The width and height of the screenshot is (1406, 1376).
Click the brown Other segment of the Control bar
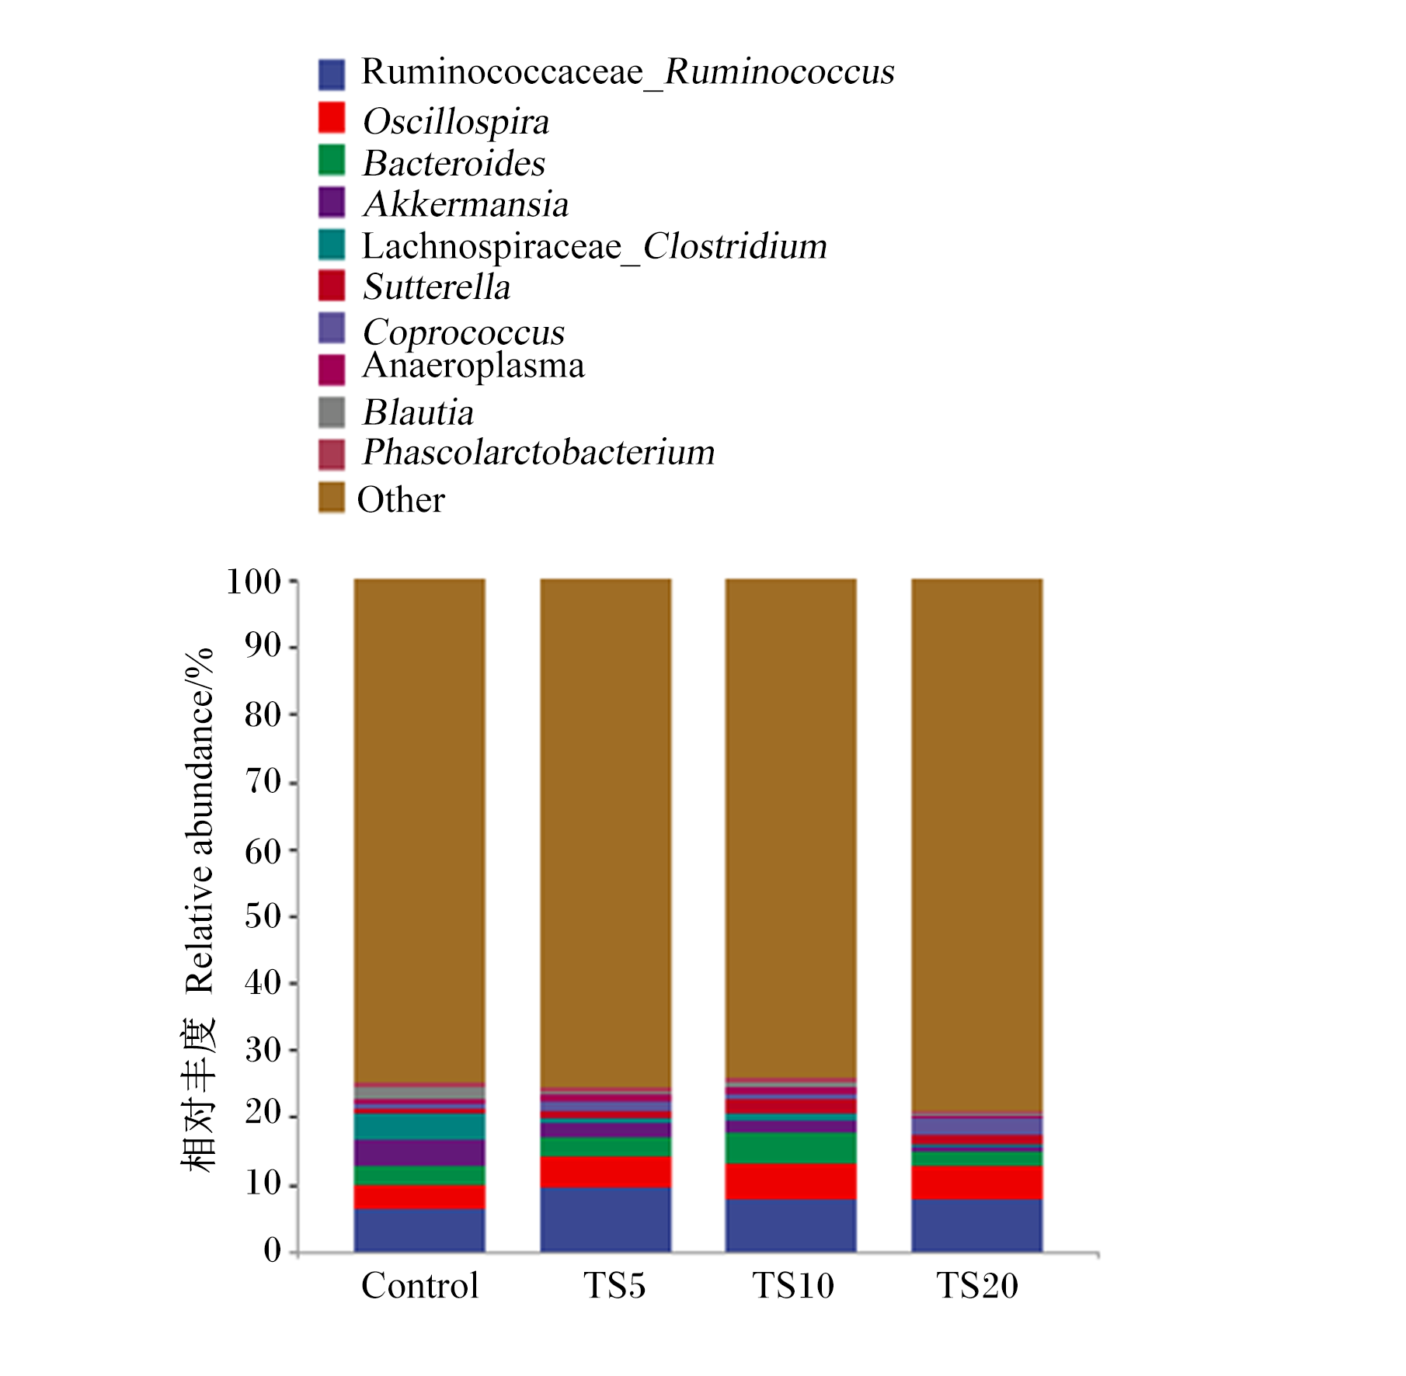click(x=419, y=831)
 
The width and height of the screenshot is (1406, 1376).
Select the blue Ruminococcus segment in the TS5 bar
click(x=606, y=1219)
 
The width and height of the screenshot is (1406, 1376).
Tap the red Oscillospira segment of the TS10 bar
click(x=792, y=1181)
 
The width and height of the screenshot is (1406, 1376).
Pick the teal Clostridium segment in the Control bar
click(x=419, y=1127)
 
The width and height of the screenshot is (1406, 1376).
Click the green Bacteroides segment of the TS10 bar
click(x=792, y=1148)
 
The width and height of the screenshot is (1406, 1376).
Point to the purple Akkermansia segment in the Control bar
click(x=419, y=1153)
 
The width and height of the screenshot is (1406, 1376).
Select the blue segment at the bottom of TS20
click(x=977, y=1225)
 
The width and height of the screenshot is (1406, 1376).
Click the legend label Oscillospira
click(x=456, y=122)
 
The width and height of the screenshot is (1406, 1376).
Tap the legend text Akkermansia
click(x=466, y=204)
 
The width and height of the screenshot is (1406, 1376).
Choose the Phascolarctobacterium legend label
click(x=539, y=452)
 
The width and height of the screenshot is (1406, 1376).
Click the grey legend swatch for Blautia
click(x=332, y=412)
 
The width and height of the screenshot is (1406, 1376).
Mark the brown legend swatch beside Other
click(x=332, y=498)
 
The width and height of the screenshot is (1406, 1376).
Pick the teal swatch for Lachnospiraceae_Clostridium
click(x=332, y=245)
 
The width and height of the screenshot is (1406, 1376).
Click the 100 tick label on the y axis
click(x=253, y=581)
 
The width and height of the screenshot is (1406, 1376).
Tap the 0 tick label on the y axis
click(x=272, y=1251)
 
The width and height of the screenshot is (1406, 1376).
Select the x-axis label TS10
click(x=792, y=1286)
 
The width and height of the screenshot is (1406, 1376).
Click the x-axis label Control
click(x=419, y=1286)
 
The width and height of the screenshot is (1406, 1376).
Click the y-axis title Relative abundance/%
click(x=199, y=821)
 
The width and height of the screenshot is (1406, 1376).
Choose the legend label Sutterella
click(x=437, y=287)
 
